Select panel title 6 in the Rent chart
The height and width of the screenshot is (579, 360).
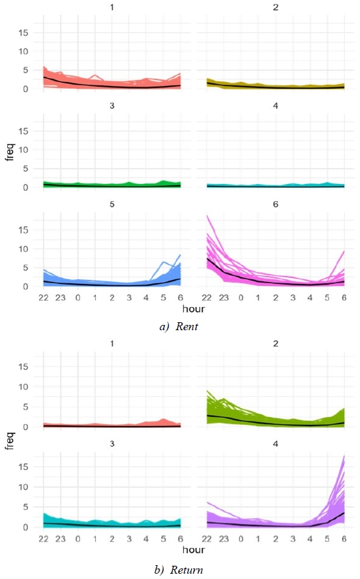[x=275, y=204]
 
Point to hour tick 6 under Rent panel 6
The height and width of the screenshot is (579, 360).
[x=345, y=298]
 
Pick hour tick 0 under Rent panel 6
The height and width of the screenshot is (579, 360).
[x=241, y=298]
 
